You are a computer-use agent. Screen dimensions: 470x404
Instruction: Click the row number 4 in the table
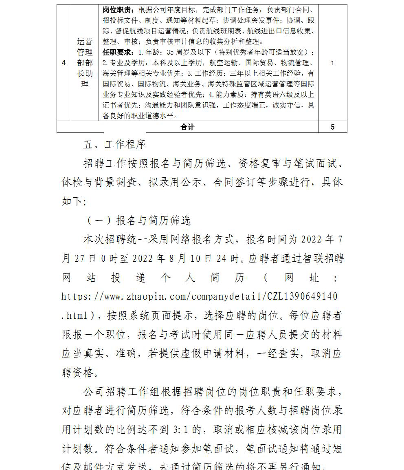click(64, 63)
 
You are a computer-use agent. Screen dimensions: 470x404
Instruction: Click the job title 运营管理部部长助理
click(85, 63)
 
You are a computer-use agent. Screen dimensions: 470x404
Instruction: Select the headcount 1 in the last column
click(333, 63)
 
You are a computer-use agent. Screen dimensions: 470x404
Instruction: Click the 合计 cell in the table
click(187, 127)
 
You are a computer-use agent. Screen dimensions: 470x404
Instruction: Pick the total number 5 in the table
click(333, 127)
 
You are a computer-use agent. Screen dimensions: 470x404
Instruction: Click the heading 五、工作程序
click(114, 145)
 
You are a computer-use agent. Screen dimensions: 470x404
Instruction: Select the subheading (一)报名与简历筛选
click(138, 221)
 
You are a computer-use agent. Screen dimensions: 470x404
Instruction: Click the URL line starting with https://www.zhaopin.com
click(200, 297)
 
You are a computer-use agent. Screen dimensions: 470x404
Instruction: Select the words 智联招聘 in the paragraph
click(322, 258)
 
